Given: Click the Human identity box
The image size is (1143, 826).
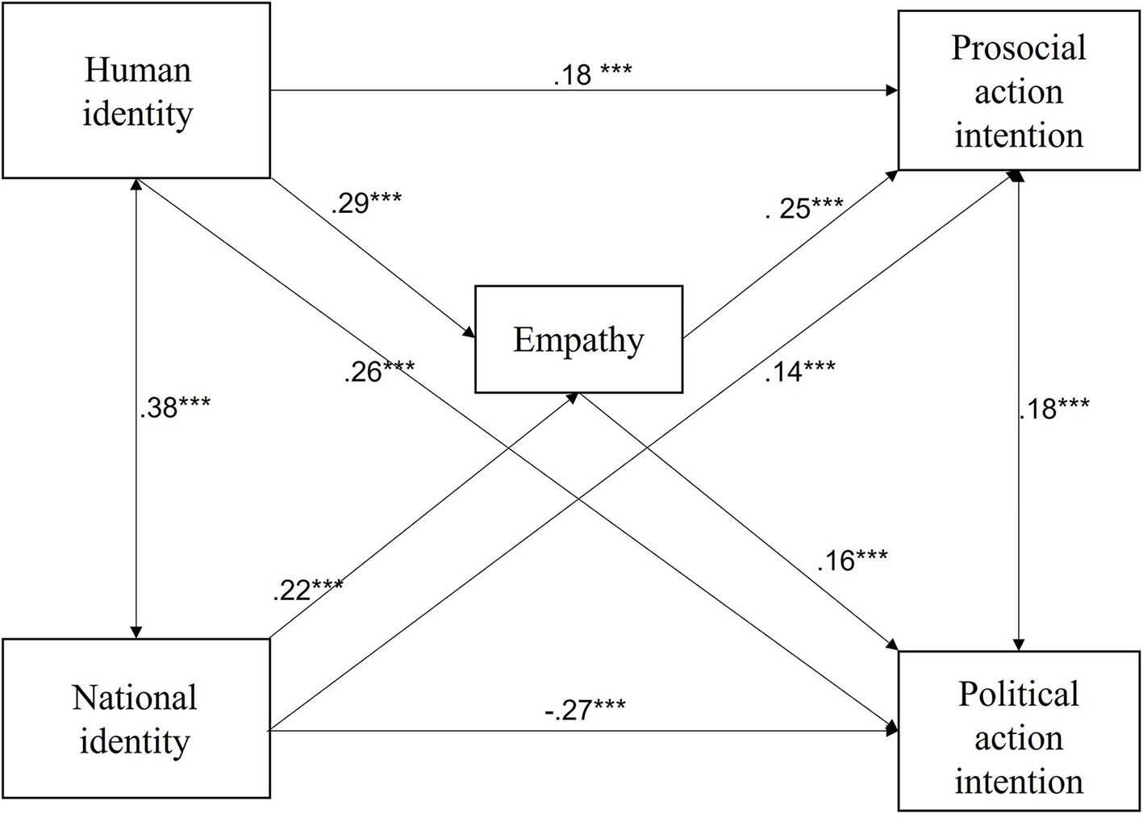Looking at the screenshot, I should pos(136,90).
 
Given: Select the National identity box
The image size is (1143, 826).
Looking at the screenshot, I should pos(136,718).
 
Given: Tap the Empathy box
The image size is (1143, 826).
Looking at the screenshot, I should pos(578,340).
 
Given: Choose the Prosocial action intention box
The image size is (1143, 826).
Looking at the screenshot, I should pos(1019,91).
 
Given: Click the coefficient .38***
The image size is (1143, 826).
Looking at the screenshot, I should pos(174,408).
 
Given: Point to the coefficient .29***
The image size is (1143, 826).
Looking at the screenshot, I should pos(365,202).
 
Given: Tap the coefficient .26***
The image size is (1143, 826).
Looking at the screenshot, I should pos(379,372).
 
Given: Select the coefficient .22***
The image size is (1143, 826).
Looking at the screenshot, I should pos(307,590).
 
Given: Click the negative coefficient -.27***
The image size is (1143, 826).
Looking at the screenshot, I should pos(584,711).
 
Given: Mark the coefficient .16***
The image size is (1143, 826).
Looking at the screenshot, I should pos(852,560).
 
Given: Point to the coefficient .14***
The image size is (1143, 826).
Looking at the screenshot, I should pos(799,371).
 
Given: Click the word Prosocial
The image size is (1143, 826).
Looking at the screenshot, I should pos(1019,48).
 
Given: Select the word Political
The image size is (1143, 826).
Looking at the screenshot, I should pos(1019,695).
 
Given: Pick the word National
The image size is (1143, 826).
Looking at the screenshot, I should pos(135,698).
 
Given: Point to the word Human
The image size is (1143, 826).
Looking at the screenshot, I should pos(138,70).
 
